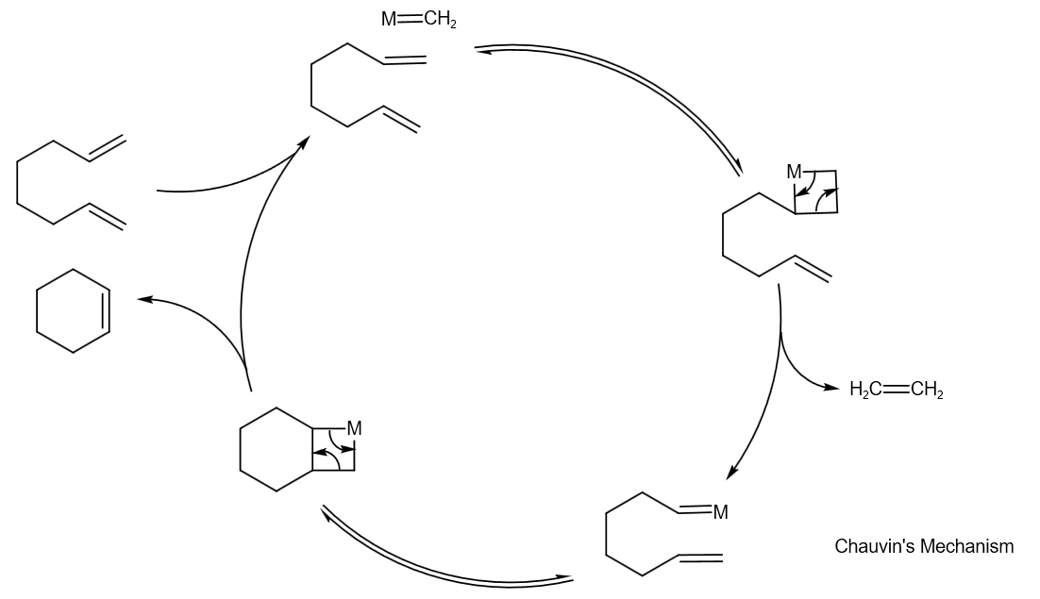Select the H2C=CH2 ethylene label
896,389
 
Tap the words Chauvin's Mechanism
924,546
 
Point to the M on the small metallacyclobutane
794,172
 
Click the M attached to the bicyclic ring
354,428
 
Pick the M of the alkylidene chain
720,512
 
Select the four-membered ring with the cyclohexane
333,449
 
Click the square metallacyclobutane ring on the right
815,192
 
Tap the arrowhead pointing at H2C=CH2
832,389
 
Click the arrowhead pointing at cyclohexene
143,300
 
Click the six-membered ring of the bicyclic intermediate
277,449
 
